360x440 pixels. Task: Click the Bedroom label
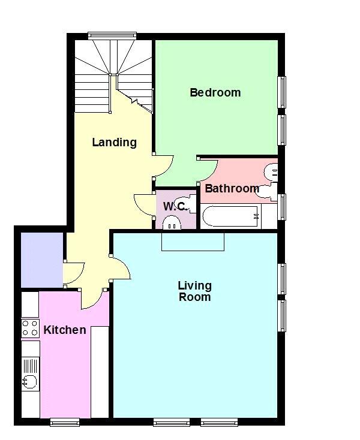coord(215,92)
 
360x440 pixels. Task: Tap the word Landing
coord(114,142)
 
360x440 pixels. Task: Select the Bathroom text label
coord(232,188)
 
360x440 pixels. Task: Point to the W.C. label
coord(175,207)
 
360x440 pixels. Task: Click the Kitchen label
coord(65,330)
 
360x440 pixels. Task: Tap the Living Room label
coord(194,291)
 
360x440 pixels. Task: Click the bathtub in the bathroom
coord(231,216)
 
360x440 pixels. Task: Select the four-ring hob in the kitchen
coord(31,328)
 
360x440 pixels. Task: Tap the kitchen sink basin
coord(29,382)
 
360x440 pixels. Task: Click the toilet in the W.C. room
coord(171,222)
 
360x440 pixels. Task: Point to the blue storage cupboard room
coord(42,260)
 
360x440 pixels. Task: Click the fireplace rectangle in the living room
coord(193,242)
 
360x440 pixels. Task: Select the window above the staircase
coord(112,35)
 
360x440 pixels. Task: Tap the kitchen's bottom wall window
coord(65,422)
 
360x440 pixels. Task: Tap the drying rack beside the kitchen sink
coord(31,366)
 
